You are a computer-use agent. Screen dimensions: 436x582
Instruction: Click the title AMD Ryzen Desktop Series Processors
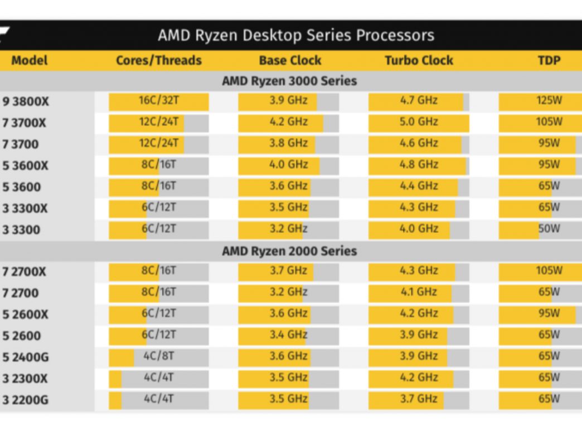(x=295, y=36)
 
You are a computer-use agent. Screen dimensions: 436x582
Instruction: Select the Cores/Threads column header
(x=159, y=60)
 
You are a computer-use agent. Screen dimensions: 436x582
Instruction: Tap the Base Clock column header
(x=290, y=60)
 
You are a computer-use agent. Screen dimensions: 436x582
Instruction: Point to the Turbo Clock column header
(x=419, y=60)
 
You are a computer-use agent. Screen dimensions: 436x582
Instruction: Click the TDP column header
(x=549, y=60)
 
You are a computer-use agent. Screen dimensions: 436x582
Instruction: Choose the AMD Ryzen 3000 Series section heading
(x=289, y=81)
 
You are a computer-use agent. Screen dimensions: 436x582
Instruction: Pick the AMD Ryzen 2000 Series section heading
(x=289, y=251)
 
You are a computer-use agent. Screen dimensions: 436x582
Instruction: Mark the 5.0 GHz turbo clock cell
(x=419, y=122)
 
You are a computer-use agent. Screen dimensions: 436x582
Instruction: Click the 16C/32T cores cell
(x=159, y=101)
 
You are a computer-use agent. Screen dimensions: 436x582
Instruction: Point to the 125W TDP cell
(x=549, y=101)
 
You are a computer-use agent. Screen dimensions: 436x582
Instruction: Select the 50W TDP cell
(x=549, y=228)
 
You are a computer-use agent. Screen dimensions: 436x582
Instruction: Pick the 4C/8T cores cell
(x=159, y=356)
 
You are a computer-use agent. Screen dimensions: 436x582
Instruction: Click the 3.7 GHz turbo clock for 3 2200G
(x=419, y=398)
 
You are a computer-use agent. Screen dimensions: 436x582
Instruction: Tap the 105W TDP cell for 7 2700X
(x=549, y=271)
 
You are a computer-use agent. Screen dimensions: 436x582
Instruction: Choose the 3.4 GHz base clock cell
(x=289, y=335)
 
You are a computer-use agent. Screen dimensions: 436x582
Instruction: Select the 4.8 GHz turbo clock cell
(x=419, y=165)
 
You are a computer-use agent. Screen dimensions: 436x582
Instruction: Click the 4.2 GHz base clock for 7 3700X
(x=289, y=122)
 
